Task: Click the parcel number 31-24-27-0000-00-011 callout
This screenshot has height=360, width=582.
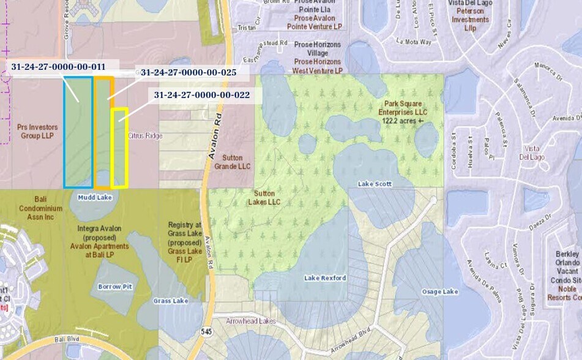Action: (58, 66)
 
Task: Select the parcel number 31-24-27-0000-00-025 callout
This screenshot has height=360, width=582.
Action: (188, 72)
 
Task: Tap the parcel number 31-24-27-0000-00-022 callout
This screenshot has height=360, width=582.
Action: (201, 95)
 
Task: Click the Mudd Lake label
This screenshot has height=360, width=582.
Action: (95, 197)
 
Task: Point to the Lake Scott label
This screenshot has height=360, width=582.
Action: (375, 184)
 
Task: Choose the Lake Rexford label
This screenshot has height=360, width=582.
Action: (325, 278)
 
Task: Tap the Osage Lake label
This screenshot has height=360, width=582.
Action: (440, 291)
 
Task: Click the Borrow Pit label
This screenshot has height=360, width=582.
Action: (115, 286)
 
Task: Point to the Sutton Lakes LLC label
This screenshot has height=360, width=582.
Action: (267, 197)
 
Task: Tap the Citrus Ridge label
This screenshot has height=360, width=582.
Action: (145, 135)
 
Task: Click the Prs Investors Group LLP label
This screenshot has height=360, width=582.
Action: (39, 132)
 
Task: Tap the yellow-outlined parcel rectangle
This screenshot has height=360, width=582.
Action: (119, 148)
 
